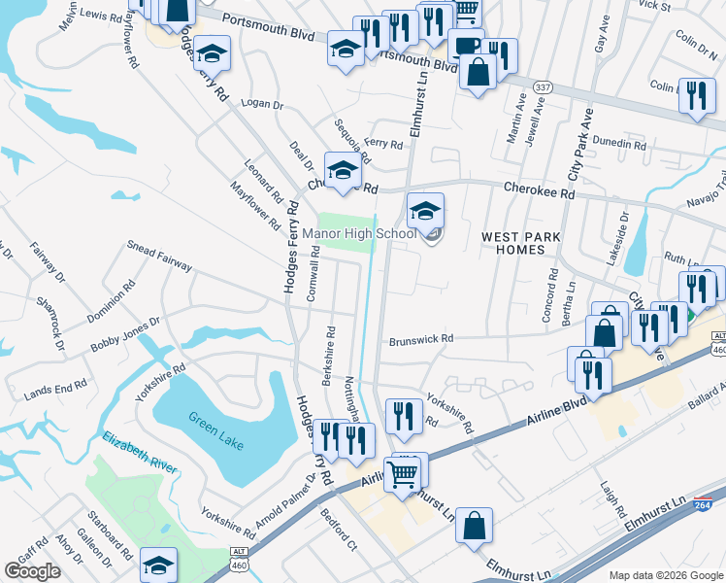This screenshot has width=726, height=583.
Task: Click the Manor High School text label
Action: [359, 233]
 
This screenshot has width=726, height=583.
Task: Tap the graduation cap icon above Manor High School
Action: [425, 209]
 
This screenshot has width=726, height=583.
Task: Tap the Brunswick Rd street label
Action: [421, 340]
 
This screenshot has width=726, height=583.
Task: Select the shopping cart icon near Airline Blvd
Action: [403, 474]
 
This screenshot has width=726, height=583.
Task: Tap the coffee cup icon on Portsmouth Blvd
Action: [465, 47]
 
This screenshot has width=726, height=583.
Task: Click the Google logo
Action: [32, 571]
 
